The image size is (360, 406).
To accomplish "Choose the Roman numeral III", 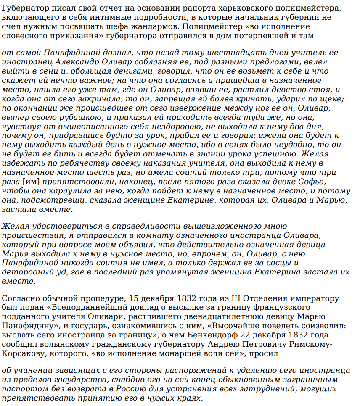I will (x=237, y=299).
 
